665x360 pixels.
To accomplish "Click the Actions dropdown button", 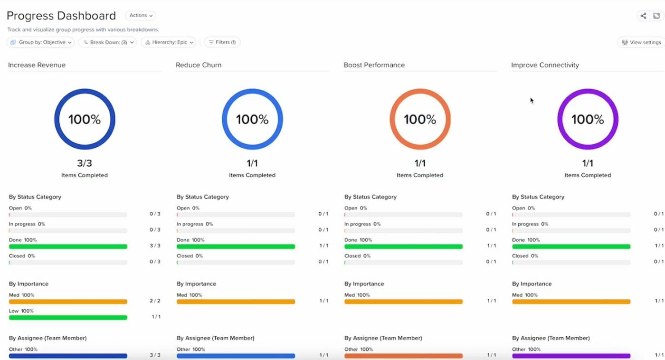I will point(141,16).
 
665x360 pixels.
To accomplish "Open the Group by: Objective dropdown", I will point(40,42).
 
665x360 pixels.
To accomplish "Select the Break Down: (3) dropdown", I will point(107,42).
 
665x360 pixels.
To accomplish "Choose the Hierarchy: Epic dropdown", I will point(169,42).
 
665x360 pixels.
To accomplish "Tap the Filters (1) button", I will point(222,42).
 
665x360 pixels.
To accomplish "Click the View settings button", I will point(641,42).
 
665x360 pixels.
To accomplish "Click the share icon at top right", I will point(643,16).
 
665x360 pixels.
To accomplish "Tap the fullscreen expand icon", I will point(656,16).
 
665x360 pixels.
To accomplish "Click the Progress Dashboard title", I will point(61,16).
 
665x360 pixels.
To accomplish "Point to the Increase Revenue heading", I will point(37,65).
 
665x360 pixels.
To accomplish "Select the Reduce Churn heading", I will point(199,65).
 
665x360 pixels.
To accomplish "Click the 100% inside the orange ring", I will point(420,119).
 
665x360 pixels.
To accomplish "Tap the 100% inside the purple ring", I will point(588,119).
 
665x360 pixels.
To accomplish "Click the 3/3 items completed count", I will point(85,163).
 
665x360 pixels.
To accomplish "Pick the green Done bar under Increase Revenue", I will point(68,246).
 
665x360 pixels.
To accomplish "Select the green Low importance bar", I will point(68,317).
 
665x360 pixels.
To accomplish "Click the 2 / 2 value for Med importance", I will point(155,301).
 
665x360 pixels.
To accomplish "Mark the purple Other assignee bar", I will point(571,356).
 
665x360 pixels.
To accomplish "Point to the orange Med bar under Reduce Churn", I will point(236,302).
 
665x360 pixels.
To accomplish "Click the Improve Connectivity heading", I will point(545,65).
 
